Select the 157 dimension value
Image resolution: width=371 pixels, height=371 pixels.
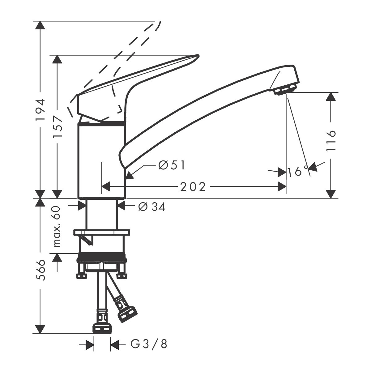pyautogui.click(x=58, y=126)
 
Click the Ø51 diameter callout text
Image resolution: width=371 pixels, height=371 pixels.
pyautogui.click(x=172, y=166)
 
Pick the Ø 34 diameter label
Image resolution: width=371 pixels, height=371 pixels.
pyautogui.click(x=151, y=207)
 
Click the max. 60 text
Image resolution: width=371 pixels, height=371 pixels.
pyautogui.click(x=57, y=226)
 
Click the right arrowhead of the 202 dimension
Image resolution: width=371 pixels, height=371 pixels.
pyautogui.click(x=282, y=187)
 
